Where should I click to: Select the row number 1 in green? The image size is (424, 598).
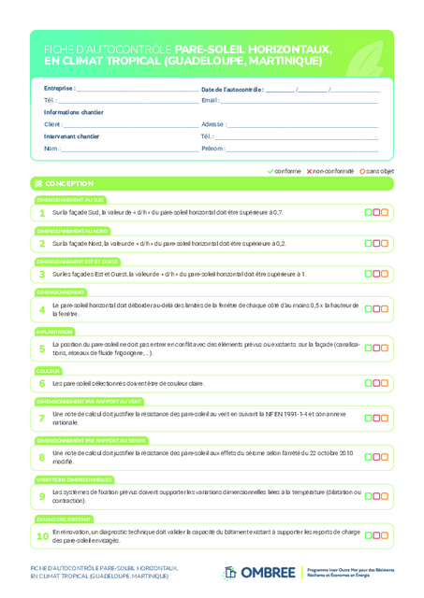click(x=42, y=213)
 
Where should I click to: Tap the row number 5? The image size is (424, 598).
click(x=42, y=349)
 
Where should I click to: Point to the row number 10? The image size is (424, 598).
click(x=42, y=536)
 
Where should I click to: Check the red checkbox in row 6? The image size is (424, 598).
click(x=376, y=383)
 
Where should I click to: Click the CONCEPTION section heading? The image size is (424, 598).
click(x=68, y=184)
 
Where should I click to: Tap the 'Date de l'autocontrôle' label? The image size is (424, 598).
click(x=232, y=89)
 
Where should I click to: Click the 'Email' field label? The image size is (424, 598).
click(x=210, y=100)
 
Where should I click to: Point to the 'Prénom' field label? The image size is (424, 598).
click(x=212, y=149)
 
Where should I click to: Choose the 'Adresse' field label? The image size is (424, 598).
click(x=212, y=124)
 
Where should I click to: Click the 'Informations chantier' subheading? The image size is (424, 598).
click(x=74, y=112)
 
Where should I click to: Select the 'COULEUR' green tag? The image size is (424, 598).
click(x=49, y=370)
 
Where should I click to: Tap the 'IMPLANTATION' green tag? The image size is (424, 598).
click(x=54, y=332)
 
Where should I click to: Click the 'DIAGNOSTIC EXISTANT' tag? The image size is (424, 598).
click(x=64, y=518)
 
